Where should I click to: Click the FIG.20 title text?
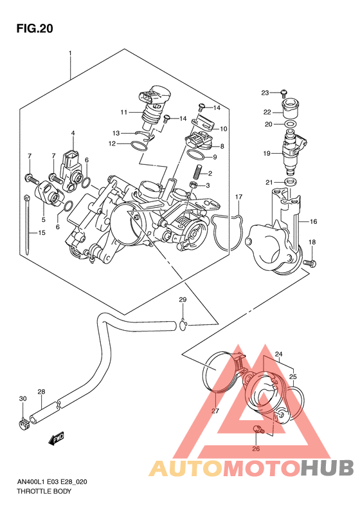[x=35, y=28]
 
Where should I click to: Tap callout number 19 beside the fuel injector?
[x=267, y=153]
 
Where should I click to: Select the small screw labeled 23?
[x=283, y=93]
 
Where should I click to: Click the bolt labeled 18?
[x=310, y=263]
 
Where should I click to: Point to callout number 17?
[x=239, y=197]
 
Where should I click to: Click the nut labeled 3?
[x=194, y=185]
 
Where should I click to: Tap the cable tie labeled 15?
[x=27, y=225]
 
